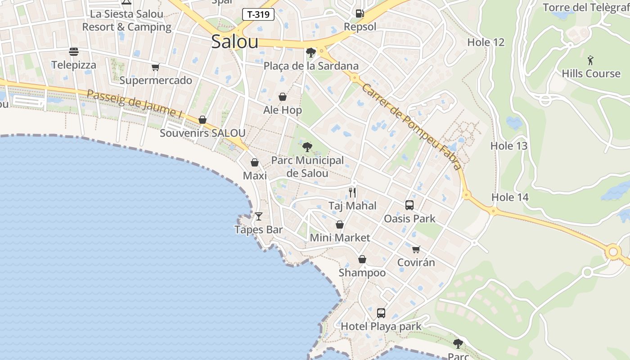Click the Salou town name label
[x=234, y=42]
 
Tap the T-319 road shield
[x=258, y=14]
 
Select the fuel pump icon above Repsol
[x=360, y=13]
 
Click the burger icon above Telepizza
[x=74, y=52]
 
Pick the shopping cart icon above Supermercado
[x=156, y=67]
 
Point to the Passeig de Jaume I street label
[x=134, y=104]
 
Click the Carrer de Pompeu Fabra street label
[x=411, y=127]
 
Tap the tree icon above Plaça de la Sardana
[x=310, y=53]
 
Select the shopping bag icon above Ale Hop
[x=283, y=97]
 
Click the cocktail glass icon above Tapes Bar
[x=259, y=216]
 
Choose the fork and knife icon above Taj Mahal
[x=352, y=193]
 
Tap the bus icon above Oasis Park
[x=409, y=205]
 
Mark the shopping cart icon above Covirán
[x=416, y=249]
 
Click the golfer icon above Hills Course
[x=590, y=60]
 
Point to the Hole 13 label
[x=508, y=146]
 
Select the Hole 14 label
[x=510, y=197]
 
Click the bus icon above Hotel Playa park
[x=381, y=313]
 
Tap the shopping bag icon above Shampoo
[x=362, y=260]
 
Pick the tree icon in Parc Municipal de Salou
[x=307, y=147]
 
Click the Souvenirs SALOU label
[x=202, y=133]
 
